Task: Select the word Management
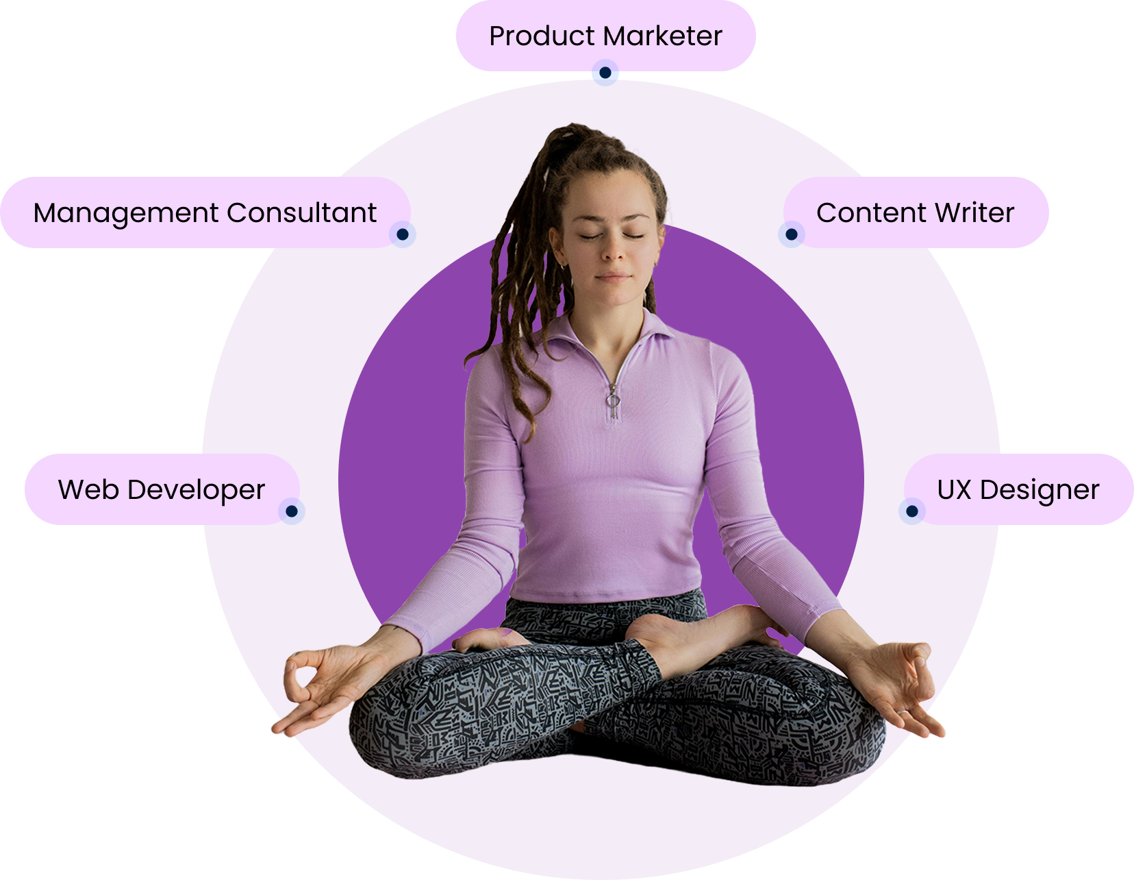pyautogui.click(x=128, y=213)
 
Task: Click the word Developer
pyautogui.click(x=196, y=490)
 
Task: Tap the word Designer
pyautogui.click(x=1039, y=490)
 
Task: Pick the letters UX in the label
pyautogui.click(x=954, y=490)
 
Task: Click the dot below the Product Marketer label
pyautogui.click(x=605, y=73)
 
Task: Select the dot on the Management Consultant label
pyautogui.click(x=403, y=234)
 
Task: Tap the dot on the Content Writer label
pyautogui.click(x=791, y=234)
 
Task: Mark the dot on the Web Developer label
pyautogui.click(x=292, y=511)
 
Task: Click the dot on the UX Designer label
pyautogui.click(x=911, y=511)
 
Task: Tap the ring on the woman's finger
pyautogui.click(x=903, y=713)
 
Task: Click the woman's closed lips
pyautogui.click(x=614, y=277)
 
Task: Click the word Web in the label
pyautogui.click(x=88, y=490)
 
